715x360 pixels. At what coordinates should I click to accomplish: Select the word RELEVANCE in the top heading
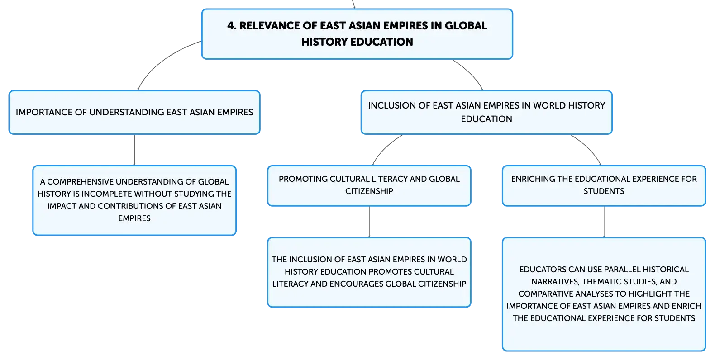tap(269, 26)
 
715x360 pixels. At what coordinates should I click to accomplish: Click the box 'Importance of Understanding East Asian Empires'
tap(134, 112)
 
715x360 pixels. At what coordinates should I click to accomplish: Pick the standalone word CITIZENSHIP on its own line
tap(369, 191)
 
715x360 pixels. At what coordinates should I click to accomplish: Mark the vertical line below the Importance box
tap(134, 150)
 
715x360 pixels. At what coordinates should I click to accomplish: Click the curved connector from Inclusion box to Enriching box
tap(589, 147)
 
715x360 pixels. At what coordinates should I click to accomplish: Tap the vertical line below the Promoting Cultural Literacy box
tap(369, 222)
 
